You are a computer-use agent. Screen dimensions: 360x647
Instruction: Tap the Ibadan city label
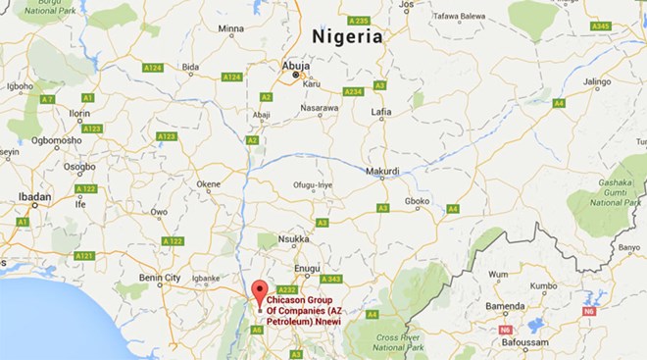[35, 197]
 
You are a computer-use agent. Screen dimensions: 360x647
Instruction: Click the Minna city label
[230, 29]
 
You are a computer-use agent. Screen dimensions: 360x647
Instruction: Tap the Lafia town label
[381, 113]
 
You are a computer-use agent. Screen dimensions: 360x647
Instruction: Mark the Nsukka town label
[293, 238]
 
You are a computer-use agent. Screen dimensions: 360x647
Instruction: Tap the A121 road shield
[83, 256]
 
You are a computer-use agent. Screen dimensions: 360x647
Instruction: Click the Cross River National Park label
[398, 342]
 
